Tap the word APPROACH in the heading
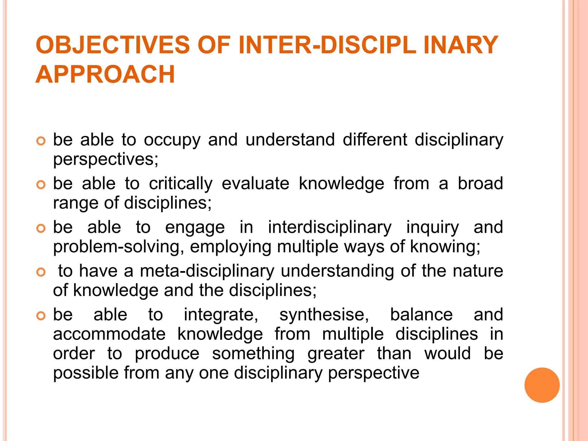click(x=105, y=74)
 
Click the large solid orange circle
click(x=542, y=385)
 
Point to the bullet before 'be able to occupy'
click(x=41, y=141)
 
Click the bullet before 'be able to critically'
click(x=41, y=185)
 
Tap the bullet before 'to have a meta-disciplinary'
click(x=41, y=272)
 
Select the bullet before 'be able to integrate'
click(x=41, y=316)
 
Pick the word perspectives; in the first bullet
click(x=106, y=160)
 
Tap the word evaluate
click(x=256, y=184)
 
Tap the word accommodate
click(x=109, y=334)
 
